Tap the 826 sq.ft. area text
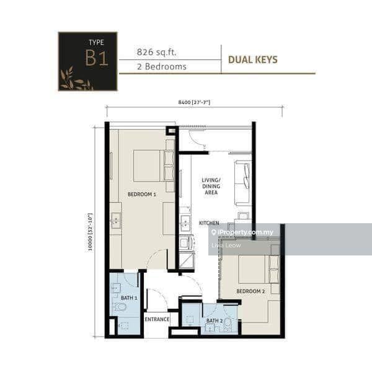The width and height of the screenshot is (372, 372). click(157, 52)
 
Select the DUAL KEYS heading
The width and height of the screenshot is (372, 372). click(252, 60)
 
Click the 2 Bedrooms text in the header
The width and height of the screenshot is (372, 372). click(162, 67)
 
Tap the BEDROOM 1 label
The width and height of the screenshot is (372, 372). click(141, 194)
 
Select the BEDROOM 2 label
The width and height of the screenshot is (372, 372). click(250, 290)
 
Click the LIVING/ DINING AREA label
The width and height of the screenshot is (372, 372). click(211, 187)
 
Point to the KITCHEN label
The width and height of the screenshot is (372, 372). click(209, 223)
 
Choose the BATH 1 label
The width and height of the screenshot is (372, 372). click(128, 298)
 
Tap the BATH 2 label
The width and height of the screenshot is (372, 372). click(214, 321)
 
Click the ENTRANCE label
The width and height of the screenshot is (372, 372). click(157, 319)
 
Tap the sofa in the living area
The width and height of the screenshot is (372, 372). click(242, 182)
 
